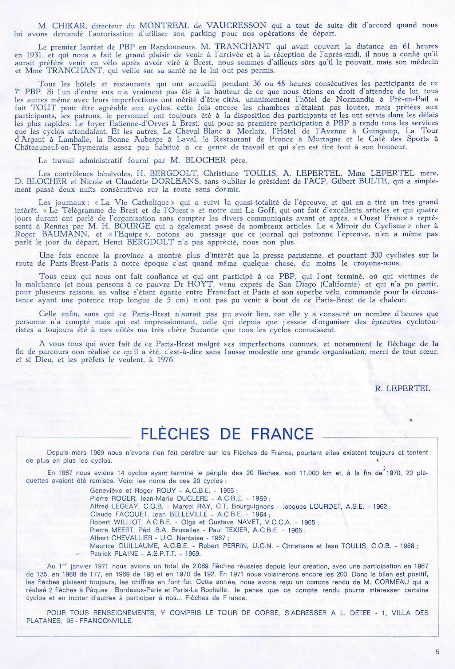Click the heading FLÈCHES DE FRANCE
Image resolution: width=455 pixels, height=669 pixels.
tap(227, 434)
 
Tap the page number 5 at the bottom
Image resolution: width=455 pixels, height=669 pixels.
tap(437, 652)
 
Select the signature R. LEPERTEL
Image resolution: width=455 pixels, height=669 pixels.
tap(403, 388)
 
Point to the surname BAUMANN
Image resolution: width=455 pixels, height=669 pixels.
tap(67, 234)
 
